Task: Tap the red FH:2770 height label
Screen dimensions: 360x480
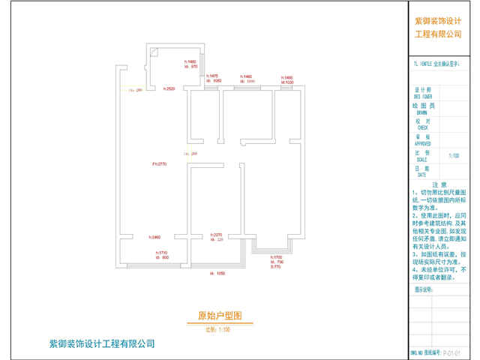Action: (158, 163)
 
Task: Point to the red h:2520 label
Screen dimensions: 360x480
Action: (169, 89)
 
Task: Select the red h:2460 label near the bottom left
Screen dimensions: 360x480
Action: (156, 237)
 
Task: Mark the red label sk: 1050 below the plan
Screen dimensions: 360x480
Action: (220, 273)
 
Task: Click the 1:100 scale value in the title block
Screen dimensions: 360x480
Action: (454, 156)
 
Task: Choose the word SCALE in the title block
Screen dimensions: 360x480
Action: (422, 158)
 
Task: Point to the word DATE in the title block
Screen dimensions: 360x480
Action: (422, 174)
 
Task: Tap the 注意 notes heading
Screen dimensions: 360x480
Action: (439, 184)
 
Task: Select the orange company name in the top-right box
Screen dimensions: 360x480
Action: (439, 28)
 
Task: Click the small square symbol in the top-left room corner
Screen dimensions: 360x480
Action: (153, 52)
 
